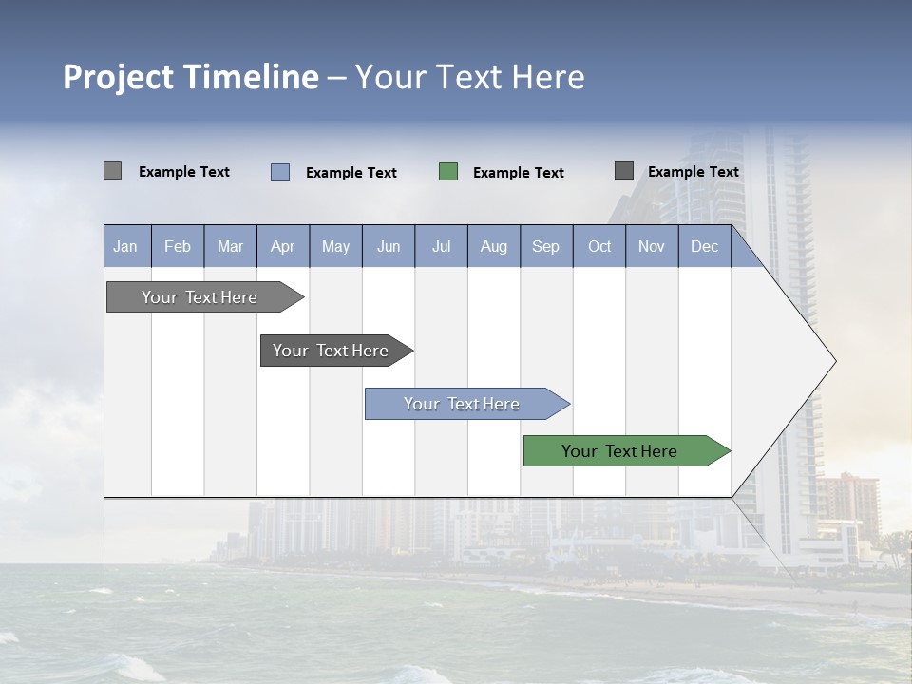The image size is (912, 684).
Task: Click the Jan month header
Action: click(126, 247)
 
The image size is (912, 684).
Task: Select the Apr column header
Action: click(282, 247)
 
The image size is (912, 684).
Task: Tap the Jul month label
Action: click(441, 247)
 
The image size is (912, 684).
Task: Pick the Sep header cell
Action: click(545, 247)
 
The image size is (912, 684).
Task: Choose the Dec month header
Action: click(704, 247)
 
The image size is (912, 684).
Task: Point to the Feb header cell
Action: click(178, 247)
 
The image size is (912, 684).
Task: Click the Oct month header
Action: click(599, 247)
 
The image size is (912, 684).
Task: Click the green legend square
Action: click(448, 172)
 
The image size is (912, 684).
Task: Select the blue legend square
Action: click(280, 172)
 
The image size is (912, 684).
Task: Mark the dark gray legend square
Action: click(624, 171)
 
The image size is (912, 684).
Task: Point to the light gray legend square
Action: click(113, 171)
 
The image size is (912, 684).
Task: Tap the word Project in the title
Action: click(118, 77)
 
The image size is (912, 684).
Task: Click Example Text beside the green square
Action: click(518, 173)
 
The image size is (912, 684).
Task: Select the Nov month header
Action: click(652, 247)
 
